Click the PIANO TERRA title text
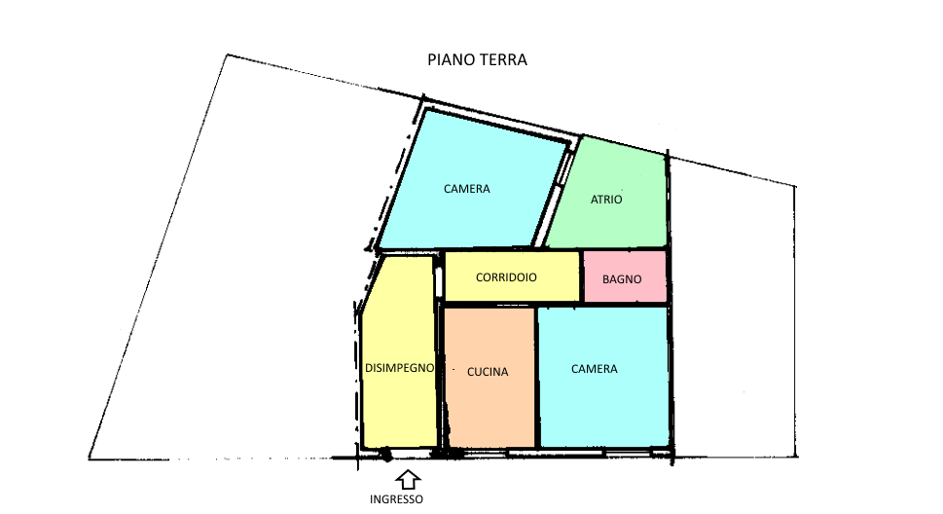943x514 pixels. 477,59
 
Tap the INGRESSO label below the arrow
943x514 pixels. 396,499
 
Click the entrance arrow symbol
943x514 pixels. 408,480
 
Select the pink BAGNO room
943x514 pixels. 625,276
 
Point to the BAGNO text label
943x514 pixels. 622,279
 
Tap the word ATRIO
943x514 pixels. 606,200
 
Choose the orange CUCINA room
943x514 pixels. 490,378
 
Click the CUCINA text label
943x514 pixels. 488,372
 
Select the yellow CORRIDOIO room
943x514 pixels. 512,276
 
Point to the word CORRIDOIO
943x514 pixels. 506,277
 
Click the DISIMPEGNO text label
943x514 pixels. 399,368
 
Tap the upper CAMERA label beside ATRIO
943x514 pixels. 467,189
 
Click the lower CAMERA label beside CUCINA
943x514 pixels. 595,369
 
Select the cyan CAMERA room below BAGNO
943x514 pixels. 603,378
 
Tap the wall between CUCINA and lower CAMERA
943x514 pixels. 536,378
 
